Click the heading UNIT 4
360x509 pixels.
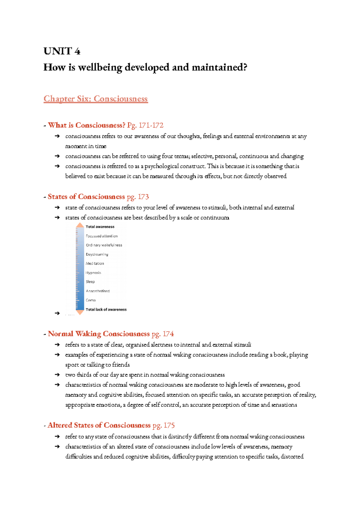click(62, 51)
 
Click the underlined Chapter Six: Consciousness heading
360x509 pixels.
click(95, 99)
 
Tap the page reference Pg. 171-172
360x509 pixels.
click(145, 125)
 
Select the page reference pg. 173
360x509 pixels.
click(138, 197)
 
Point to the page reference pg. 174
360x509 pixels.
click(163, 334)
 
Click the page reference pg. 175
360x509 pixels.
click(163, 425)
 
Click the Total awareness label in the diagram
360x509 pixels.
click(100, 227)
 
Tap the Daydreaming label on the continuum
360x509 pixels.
click(97, 255)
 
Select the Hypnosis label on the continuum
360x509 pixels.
click(93, 273)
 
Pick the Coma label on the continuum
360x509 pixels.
click(91, 300)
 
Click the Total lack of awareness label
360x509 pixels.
click(106, 309)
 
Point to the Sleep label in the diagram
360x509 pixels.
click(90, 282)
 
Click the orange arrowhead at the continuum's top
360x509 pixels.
click(80, 225)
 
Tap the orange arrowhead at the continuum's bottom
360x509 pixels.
click(80, 312)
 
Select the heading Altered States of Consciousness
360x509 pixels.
click(99, 425)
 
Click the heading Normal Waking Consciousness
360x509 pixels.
click(99, 334)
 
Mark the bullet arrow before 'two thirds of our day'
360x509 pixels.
click(57, 375)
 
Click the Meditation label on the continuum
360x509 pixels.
click(95, 263)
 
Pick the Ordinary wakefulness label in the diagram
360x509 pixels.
click(104, 245)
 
